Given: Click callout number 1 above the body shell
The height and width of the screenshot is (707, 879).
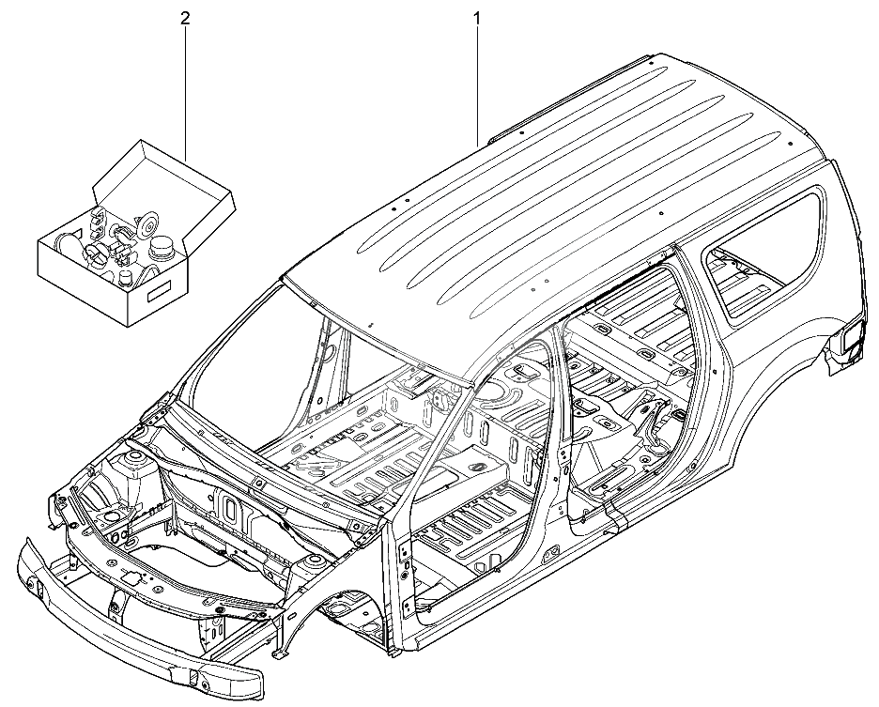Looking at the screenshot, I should [478, 17].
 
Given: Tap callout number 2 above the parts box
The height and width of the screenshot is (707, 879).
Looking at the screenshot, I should [187, 17].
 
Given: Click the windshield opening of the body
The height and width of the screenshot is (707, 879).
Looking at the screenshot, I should [254, 366].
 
